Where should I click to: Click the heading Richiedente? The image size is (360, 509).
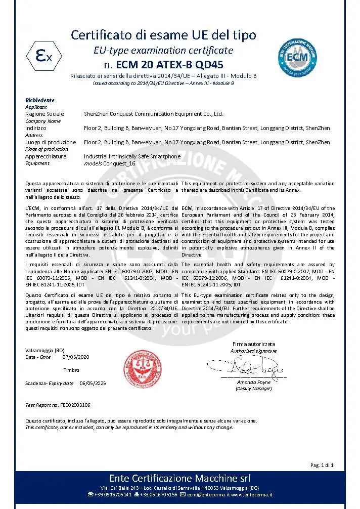[40, 100]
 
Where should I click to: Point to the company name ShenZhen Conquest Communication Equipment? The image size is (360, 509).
[153, 114]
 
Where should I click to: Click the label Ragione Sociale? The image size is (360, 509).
[44, 114]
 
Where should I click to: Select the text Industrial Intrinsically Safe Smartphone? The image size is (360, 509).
[132, 157]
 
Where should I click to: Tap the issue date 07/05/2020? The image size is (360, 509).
[76, 357]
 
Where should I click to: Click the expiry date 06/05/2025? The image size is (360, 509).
[93, 384]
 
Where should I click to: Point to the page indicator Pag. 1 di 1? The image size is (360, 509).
[321, 465]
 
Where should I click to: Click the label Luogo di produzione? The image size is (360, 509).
[51, 143]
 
